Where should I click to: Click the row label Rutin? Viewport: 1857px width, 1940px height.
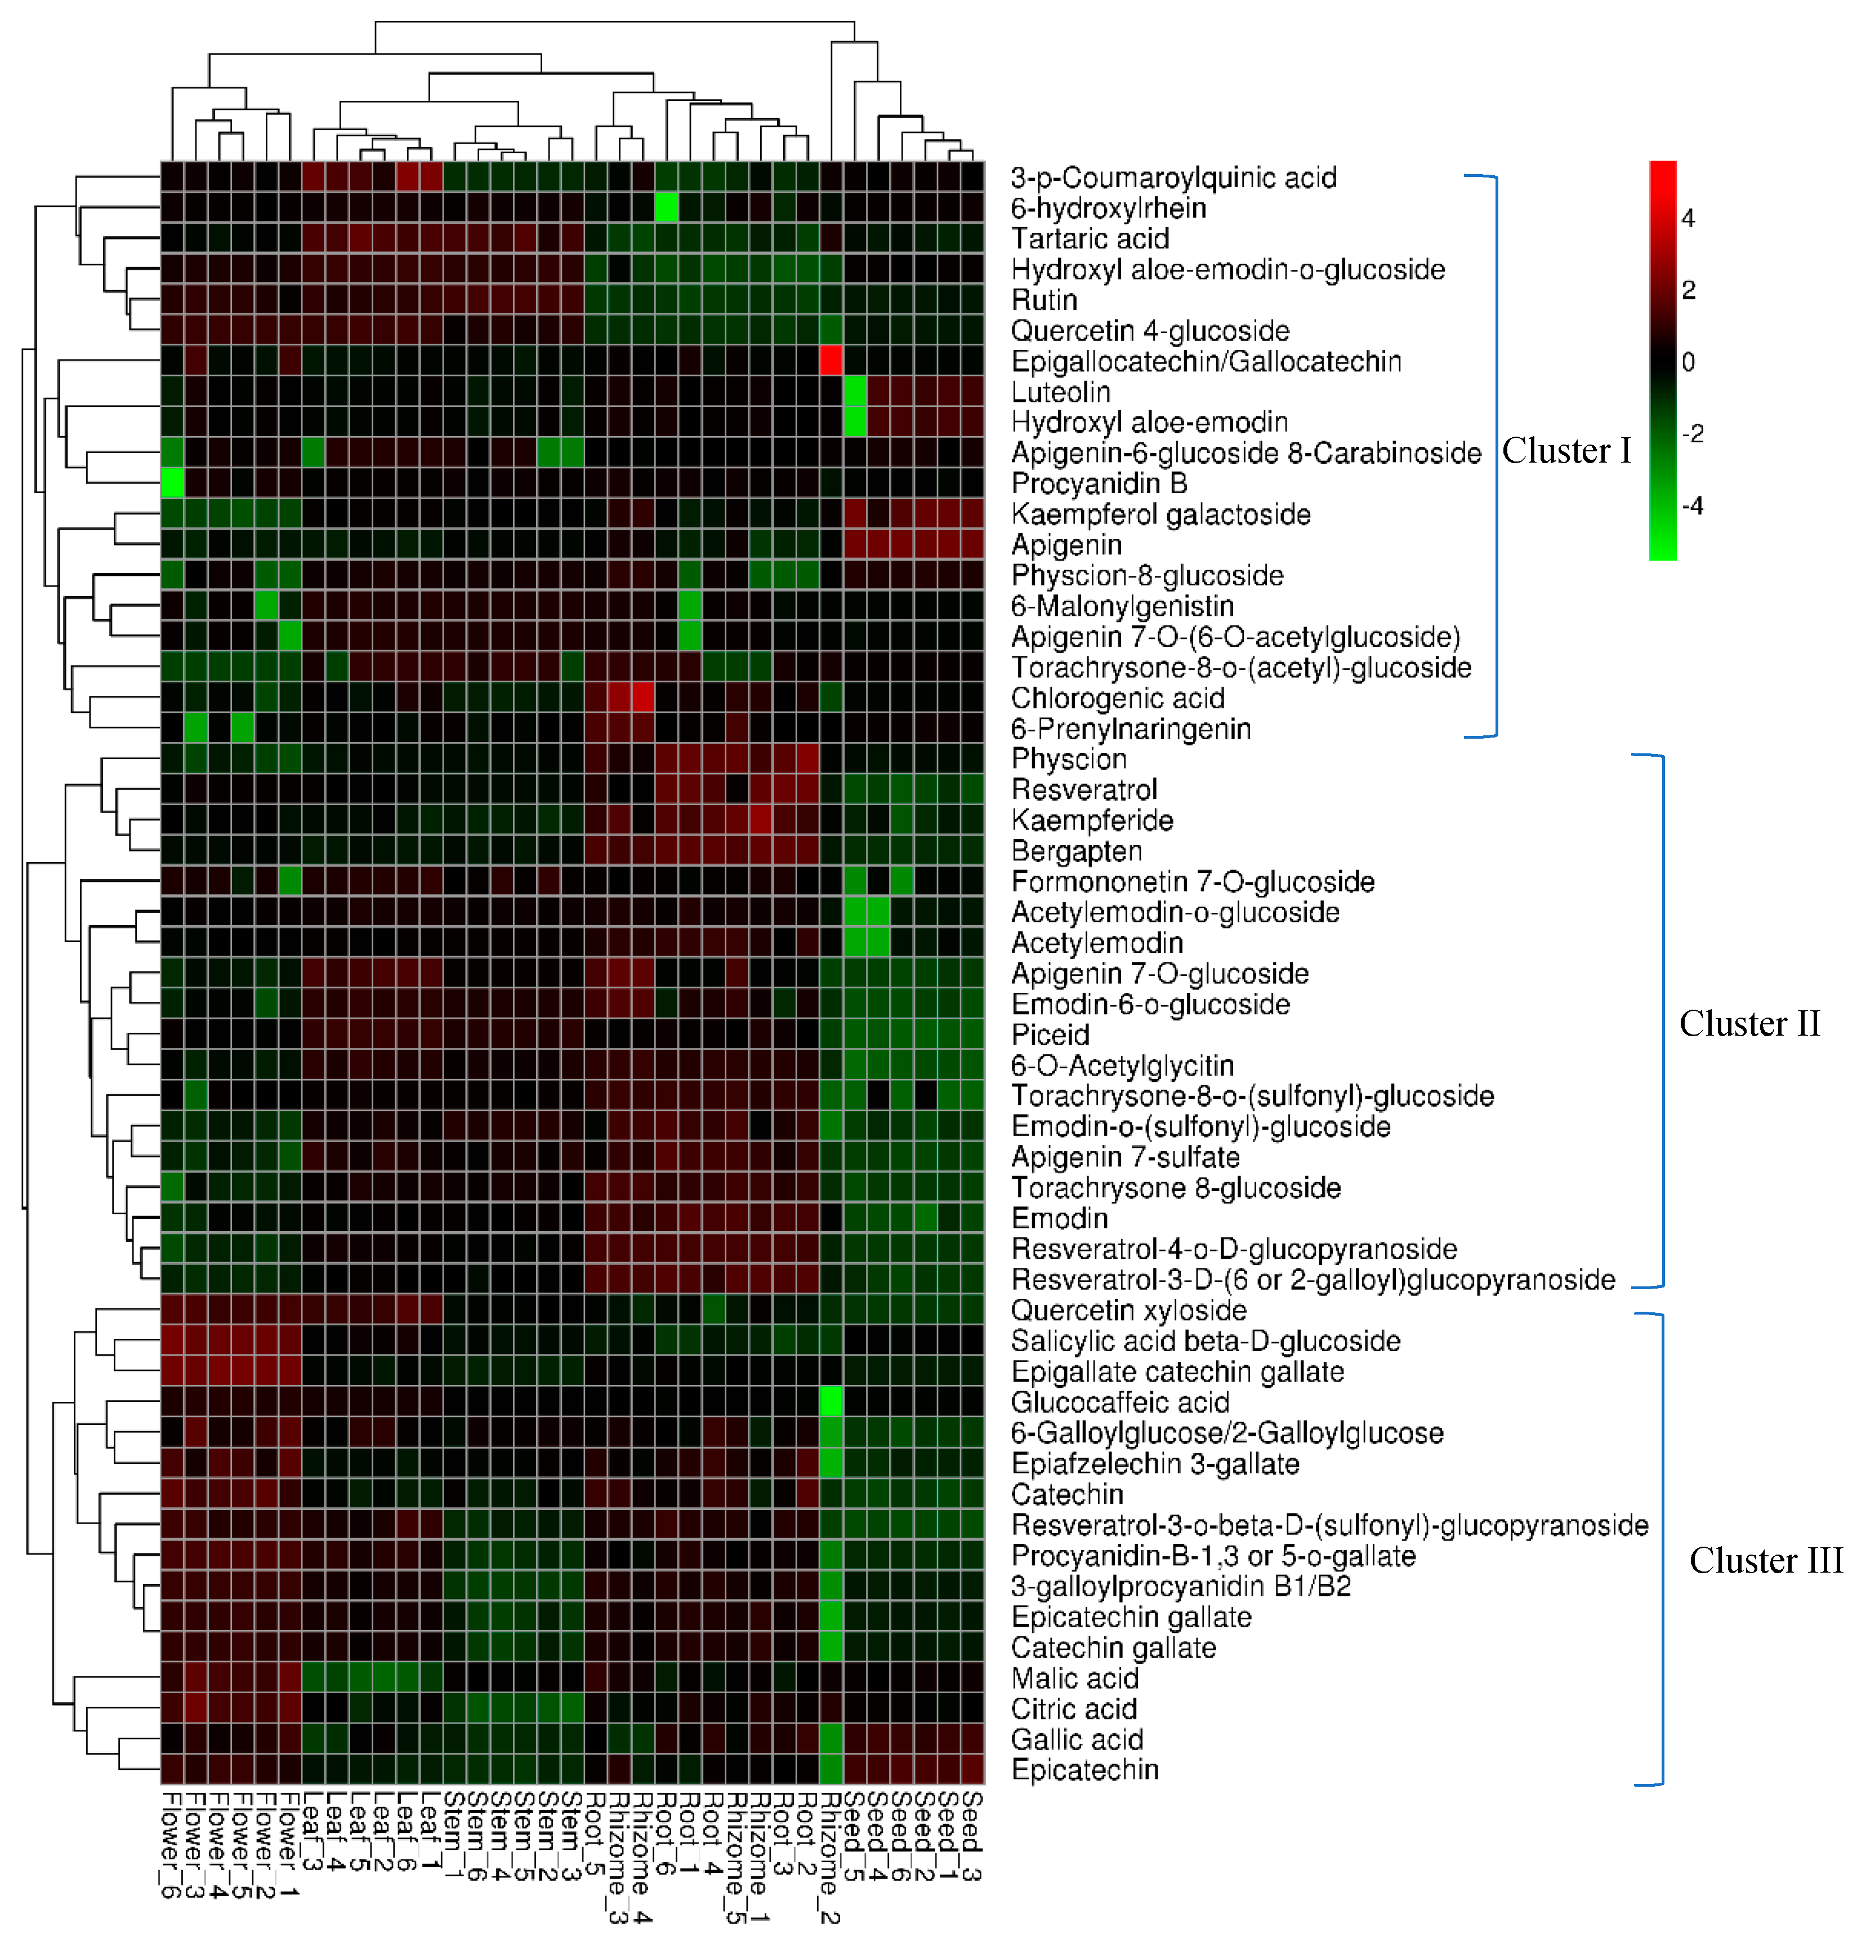click(x=1044, y=300)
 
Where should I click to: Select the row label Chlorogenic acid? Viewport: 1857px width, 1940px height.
click(x=1117, y=699)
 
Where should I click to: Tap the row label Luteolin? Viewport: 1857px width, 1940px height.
click(x=1060, y=392)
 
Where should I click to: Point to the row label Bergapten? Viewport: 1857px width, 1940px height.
click(x=1077, y=851)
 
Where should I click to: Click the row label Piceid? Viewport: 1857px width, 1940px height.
click(x=1050, y=1035)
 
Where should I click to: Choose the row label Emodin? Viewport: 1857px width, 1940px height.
click(x=1059, y=1218)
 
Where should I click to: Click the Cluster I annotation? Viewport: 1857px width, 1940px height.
click(x=1566, y=451)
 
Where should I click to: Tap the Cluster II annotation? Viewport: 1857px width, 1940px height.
click(x=1749, y=1023)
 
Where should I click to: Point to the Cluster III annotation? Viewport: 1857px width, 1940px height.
click(x=1765, y=1561)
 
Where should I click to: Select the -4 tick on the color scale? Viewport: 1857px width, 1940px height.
click(x=1692, y=507)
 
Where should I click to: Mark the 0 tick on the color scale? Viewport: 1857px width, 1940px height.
click(x=1688, y=362)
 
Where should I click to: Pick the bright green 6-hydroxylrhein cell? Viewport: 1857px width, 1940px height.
click(x=666, y=208)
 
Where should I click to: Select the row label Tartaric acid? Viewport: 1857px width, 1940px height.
click(x=1090, y=238)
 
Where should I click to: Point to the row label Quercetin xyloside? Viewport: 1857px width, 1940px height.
click(x=1128, y=1311)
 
